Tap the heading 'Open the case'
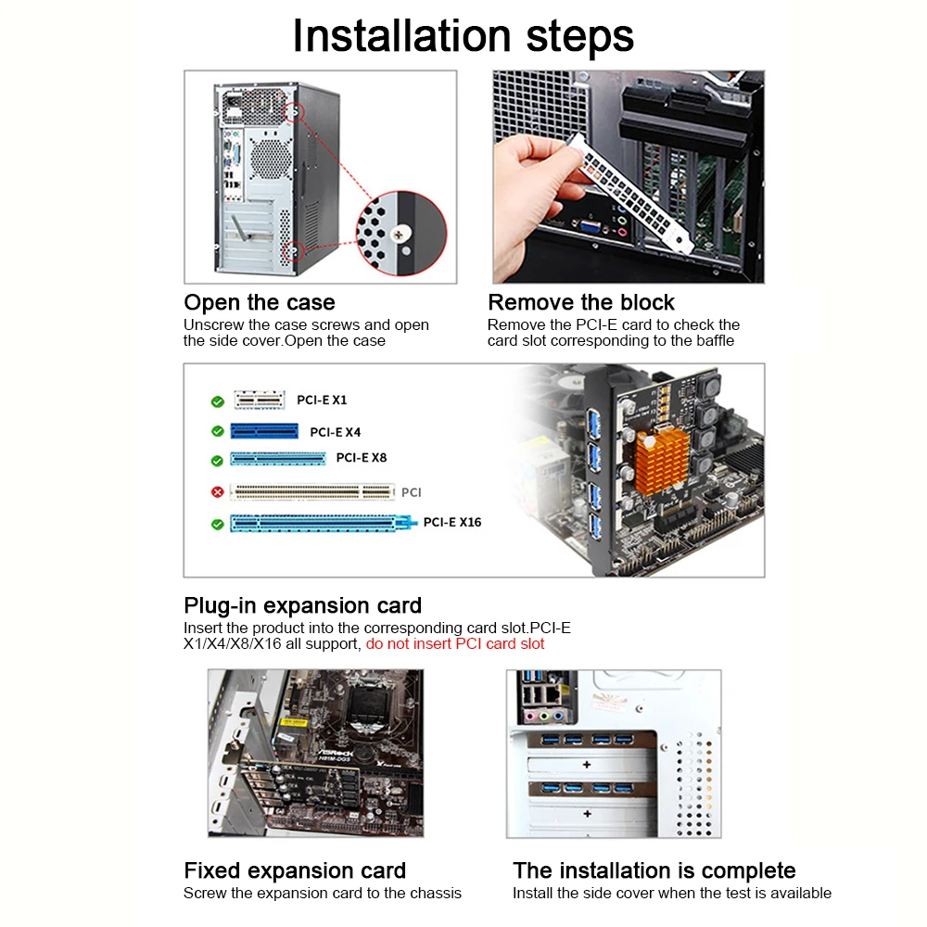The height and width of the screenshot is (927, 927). tap(260, 302)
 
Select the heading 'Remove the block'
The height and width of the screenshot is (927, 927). tap(581, 302)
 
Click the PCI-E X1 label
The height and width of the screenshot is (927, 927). tap(322, 400)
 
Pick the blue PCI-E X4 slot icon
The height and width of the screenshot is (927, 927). tap(264, 431)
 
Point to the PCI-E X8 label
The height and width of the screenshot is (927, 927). tap(362, 458)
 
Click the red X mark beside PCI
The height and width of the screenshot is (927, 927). tap(218, 492)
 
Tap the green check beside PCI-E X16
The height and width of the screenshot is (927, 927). tap(218, 524)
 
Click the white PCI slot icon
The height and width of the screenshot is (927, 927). tap(312, 491)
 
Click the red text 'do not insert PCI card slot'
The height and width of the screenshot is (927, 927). tap(455, 644)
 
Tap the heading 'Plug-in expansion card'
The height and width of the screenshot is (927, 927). tap(303, 605)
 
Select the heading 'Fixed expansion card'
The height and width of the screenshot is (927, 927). tap(295, 870)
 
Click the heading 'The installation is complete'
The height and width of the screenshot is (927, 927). tap(654, 870)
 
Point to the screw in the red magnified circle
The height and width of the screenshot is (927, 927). tap(399, 235)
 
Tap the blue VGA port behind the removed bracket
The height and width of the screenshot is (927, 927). tap(590, 227)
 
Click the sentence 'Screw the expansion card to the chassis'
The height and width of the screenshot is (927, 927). tap(323, 894)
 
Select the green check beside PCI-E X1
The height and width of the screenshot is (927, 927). tap(218, 402)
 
